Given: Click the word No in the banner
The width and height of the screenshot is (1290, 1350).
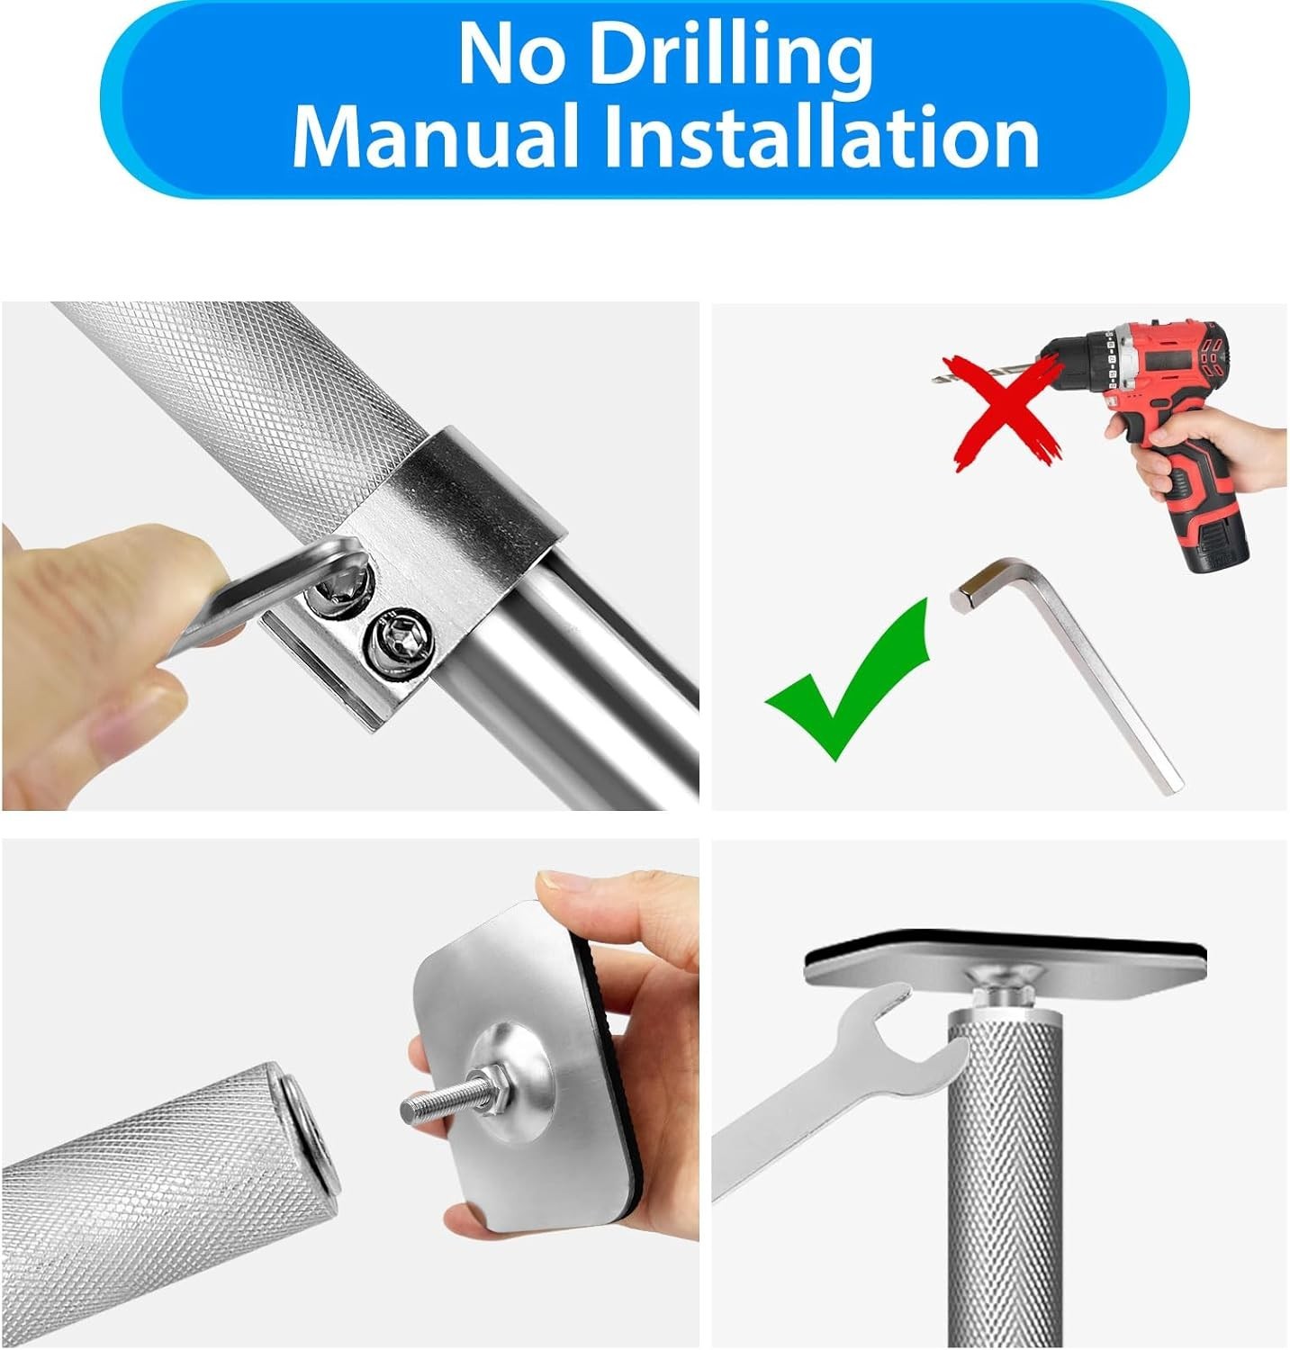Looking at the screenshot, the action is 513,53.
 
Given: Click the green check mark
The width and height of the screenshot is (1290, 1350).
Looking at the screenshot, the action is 847,679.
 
